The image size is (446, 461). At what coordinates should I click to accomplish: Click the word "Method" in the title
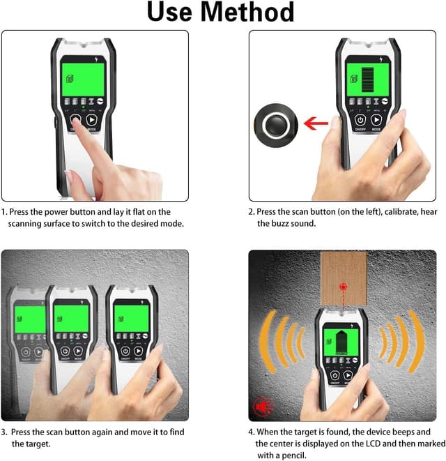[249, 13]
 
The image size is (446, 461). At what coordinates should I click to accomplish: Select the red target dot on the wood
[342, 286]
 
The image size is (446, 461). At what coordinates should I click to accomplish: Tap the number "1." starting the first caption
[5, 211]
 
